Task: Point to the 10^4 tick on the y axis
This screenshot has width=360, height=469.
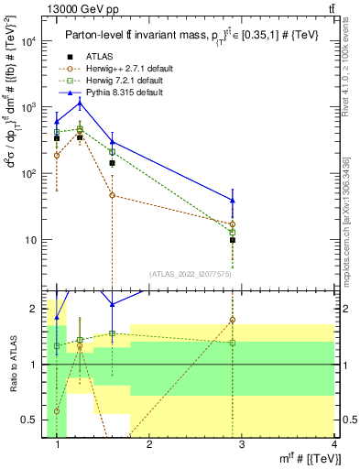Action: point(30,41)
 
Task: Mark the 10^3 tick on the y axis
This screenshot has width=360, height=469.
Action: point(30,107)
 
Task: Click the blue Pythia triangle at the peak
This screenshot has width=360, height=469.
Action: point(80,104)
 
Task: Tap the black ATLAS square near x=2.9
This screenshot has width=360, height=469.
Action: point(233,240)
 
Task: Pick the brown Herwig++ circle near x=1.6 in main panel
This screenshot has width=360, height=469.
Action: point(112,195)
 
